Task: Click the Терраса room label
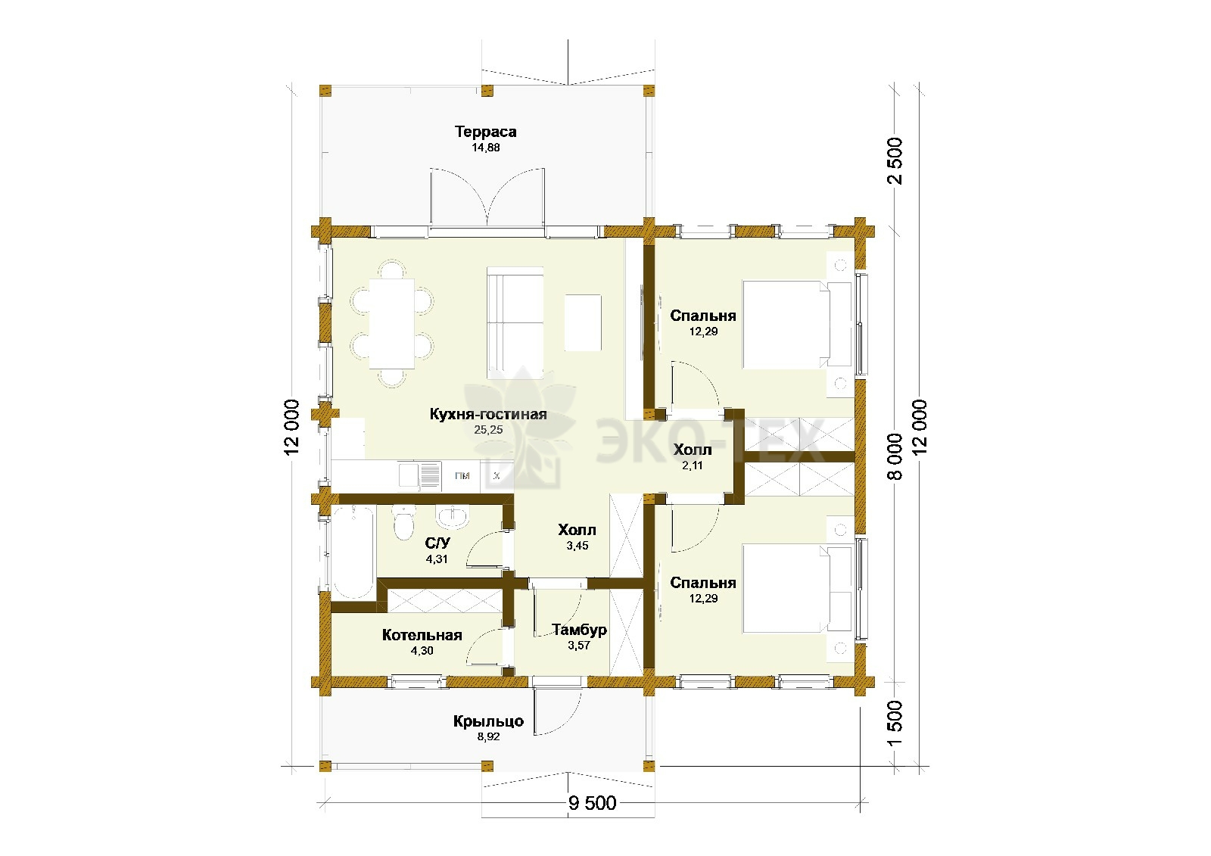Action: [485, 132]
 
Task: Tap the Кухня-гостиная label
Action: [488, 414]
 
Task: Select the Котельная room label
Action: [422, 635]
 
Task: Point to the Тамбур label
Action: [579, 630]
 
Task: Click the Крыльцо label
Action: [488, 721]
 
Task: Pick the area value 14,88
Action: [485, 148]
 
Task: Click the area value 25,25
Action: [488, 430]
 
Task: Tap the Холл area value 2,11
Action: [692, 465]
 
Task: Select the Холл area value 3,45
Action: [577, 546]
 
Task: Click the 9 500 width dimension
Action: [592, 803]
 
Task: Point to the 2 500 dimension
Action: [895, 160]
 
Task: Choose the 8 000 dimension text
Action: [895, 456]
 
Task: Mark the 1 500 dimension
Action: [895, 724]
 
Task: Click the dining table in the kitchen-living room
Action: [392, 323]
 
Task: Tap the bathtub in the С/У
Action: [353, 552]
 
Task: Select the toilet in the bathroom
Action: [403, 522]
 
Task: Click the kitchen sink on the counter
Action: [420, 476]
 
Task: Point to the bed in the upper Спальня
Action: [798, 325]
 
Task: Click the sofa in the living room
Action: [515, 322]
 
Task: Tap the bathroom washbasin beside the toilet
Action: [453, 517]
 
